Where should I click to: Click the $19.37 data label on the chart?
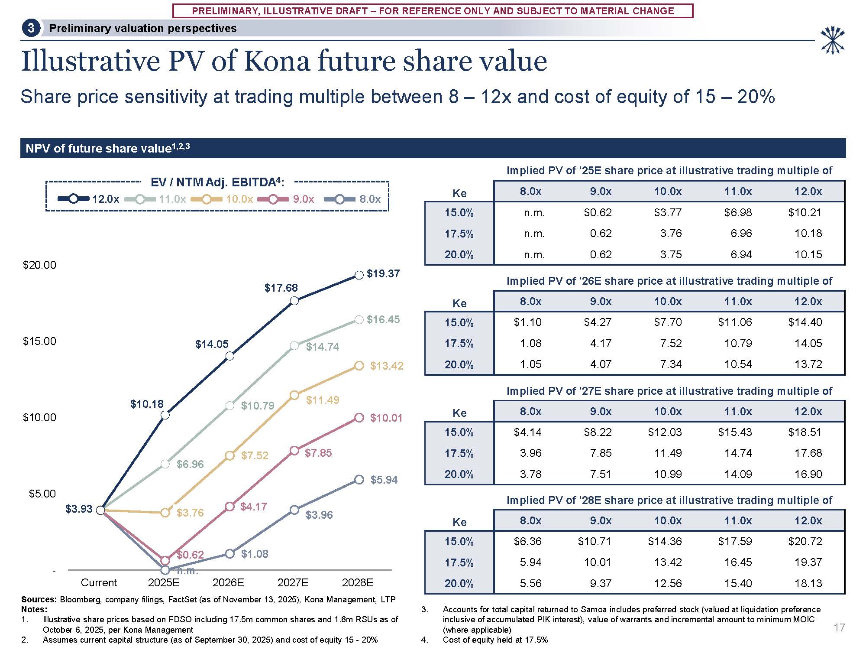pyautogui.click(x=383, y=274)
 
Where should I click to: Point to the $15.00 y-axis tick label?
pyautogui.click(x=39, y=341)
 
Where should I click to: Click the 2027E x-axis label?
pyautogui.click(x=293, y=583)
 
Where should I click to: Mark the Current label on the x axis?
pyautogui.click(x=99, y=583)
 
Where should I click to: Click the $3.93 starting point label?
pyautogui.click(x=79, y=509)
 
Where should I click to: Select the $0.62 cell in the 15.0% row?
pyautogui.click(x=597, y=213)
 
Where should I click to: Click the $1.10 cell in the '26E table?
pyautogui.click(x=527, y=322)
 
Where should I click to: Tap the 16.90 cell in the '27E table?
pyautogui.click(x=808, y=474)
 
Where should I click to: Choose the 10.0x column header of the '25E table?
pyautogui.click(x=668, y=192)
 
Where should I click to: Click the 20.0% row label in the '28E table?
pyautogui.click(x=459, y=584)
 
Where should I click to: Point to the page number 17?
pyautogui.click(x=839, y=628)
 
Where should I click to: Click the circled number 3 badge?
pyautogui.click(x=31, y=29)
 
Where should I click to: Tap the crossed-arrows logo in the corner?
pyautogui.click(x=832, y=41)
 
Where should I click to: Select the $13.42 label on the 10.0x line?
pyautogui.click(x=386, y=366)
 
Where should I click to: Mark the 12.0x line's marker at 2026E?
pyautogui.click(x=230, y=356)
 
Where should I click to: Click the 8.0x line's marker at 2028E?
pyautogui.click(x=359, y=480)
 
